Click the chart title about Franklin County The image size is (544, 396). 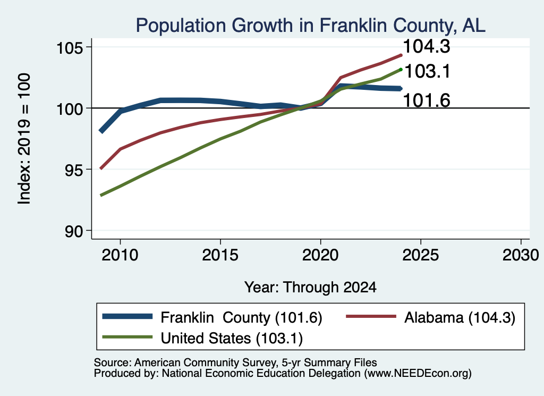coord(310,26)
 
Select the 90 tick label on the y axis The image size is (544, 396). coord(74,231)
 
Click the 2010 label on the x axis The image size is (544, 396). coord(120,255)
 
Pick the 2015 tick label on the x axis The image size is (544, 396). coord(220,255)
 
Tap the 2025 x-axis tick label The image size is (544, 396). coord(421,255)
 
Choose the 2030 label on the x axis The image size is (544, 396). coord(521,255)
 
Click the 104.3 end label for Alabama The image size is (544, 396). coord(427,46)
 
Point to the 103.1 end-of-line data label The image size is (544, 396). coord(428,72)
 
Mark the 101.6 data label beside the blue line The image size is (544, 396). coord(427,100)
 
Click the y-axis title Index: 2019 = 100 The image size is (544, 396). coord(24,139)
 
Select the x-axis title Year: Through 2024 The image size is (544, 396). coord(310,288)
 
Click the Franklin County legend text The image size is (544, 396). coord(242,317)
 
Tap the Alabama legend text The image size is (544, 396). coord(460,317)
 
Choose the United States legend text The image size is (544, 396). coord(232,338)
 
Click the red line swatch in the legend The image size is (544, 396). coord(371,316)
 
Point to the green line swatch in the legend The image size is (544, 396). coord(127,337)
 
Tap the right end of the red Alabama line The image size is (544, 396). coord(401,55)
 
